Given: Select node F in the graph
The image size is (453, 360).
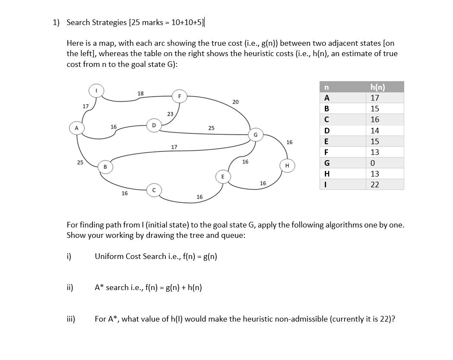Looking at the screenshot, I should coord(179,96).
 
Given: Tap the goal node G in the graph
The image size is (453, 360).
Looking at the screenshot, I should coord(255,134).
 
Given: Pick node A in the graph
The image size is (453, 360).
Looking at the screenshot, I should coord(76,128).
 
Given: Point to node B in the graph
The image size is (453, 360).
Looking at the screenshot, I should coord(105,166).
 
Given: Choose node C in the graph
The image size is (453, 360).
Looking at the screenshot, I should coord(153,190).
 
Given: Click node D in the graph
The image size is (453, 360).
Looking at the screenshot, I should coord(153,125).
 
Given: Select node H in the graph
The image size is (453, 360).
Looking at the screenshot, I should coord(287,166).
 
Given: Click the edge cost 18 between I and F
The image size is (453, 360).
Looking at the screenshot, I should coord(140,93).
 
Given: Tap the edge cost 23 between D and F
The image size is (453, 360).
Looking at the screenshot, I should coord(170,114).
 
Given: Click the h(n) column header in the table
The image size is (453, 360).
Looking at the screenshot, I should coord(375,87).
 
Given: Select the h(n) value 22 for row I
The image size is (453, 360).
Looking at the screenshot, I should coord(375,184).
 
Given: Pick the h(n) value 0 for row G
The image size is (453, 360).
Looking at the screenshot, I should coord(375,163).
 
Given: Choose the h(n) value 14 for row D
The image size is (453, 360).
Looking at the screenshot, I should coord(375,130).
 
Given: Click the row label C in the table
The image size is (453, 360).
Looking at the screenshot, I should coord(326,120).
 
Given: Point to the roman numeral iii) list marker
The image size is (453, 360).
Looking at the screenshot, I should coord(70,319).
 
